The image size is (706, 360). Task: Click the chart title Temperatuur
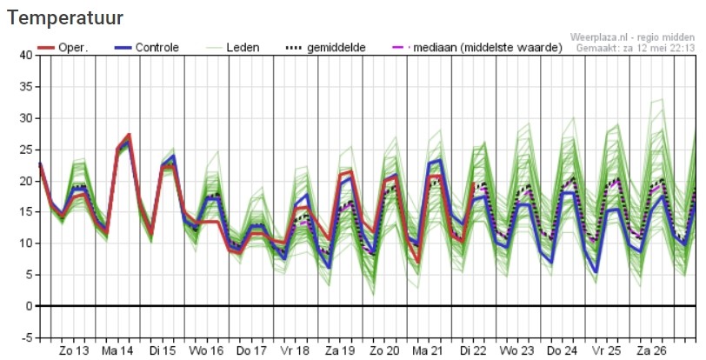click(x=65, y=18)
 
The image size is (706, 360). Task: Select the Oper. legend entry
click(x=63, y=47)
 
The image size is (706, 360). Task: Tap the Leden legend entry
click(x=232, y=47)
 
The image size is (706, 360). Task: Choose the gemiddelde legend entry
click(x=325, y=47)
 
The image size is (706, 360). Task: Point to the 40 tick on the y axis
click(x=26, y=55)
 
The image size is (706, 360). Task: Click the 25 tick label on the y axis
click(x=26, y=150)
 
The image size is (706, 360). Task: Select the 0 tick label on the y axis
click(x=30, y=306)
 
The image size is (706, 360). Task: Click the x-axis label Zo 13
click(x=74, y=350)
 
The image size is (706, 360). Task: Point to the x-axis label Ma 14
click(x=117, y=350)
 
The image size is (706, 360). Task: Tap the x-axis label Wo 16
click(x=206, y=350)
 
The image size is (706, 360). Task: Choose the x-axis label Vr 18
click(x=296, y=350)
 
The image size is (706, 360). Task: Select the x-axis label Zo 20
click(x=384, y=350)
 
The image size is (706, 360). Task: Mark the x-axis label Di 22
click(x=474, y=350)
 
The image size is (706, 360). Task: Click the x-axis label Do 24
click(x=563, y=350)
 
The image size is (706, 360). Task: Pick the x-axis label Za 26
click(x=651, y=350)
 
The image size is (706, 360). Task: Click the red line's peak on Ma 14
click(x=130, y=134)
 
